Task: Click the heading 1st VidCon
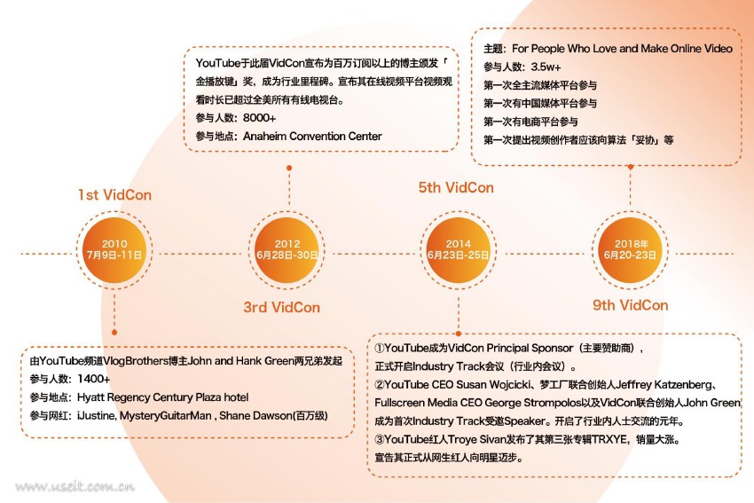(114, 194)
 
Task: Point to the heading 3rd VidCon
(282, 307)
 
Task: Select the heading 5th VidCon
(456, 187)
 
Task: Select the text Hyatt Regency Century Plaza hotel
(163, 397)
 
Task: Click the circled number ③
(380, 439)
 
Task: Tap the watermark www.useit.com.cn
(75, 486)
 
